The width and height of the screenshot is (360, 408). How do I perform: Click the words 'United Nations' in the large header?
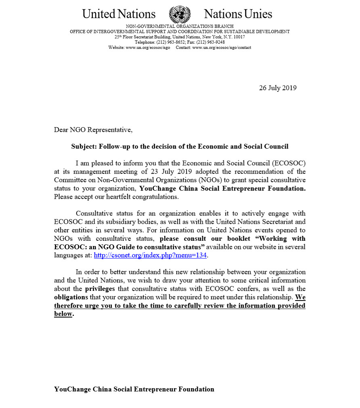[119, 14]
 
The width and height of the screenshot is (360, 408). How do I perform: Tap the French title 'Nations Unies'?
[238, 14]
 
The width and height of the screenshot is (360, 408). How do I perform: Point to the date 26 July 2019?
[278, 88]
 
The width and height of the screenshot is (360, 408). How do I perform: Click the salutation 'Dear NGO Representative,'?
[93, 130]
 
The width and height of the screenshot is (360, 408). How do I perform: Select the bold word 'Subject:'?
[84, 146]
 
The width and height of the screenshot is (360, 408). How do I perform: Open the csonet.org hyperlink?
[151, 255]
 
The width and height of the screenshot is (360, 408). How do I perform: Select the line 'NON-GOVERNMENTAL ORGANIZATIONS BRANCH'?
[180, 26]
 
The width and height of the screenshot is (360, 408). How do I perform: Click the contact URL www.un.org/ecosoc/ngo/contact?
[222, 47]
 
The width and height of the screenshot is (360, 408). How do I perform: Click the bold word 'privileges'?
[100, 289]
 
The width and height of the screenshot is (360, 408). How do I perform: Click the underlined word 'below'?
[63, 314]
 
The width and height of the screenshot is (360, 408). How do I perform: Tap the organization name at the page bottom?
[134, 389]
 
